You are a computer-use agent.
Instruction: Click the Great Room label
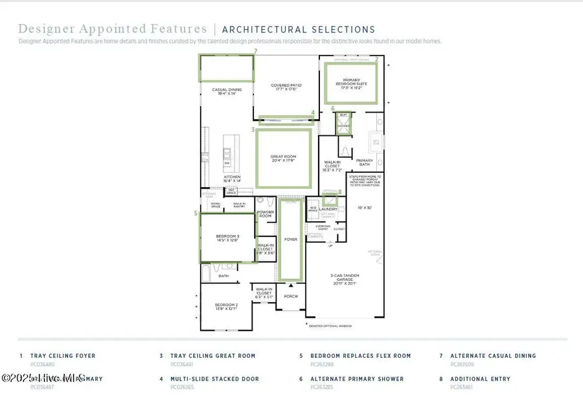click(x=282, y=159)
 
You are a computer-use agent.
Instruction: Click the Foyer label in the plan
click(x=290, y=239)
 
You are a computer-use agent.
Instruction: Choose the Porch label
click(x=290, y=297)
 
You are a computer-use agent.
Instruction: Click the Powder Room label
click(x=266, y=214)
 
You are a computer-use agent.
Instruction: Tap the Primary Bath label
click(x=365, y=162)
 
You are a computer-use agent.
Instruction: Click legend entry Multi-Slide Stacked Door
click(x=214, y=379)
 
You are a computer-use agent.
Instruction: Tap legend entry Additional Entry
click(x=480, y=379)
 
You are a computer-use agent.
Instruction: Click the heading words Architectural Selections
click(x=299, y=29)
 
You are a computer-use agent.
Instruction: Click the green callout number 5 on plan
click(x=196, y=212)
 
